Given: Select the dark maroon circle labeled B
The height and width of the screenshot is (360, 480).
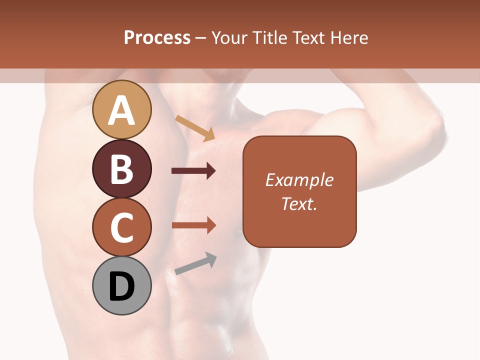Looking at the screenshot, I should point(121,168).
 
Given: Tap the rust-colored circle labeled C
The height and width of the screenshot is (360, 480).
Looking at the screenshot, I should point(121,227).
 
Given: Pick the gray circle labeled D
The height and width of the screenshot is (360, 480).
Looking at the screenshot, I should point(121,285).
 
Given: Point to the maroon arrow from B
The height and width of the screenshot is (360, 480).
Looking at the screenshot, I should point(193,171).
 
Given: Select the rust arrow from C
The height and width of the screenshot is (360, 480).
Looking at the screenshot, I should point(193,225).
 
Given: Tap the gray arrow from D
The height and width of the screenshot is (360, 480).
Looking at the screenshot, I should point(195,263).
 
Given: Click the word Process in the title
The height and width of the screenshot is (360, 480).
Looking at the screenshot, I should point(157,37).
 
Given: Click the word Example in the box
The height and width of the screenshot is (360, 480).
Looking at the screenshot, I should point(299,180).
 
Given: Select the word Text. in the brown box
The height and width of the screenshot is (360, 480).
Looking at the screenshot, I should point(299,203).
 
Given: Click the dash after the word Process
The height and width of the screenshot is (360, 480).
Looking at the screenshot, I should point(201,38).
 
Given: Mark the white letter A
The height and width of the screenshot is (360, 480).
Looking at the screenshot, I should point(121,110).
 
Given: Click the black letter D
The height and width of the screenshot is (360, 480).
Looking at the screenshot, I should point(121,287).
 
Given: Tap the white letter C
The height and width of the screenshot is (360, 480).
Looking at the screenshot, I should point(121,228).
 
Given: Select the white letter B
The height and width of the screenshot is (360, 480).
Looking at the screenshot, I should point(121,169).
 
